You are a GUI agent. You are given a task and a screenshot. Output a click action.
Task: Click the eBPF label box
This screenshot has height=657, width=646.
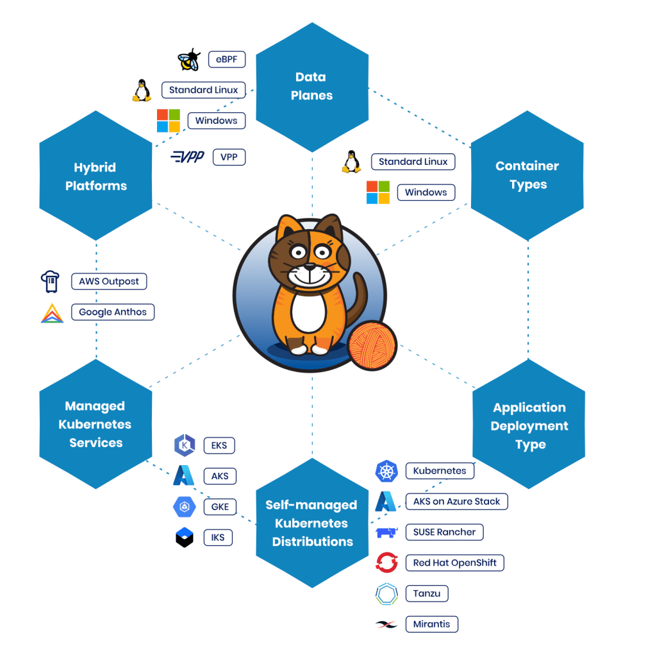tap(226, 60)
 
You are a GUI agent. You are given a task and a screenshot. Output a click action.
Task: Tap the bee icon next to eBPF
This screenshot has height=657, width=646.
tap(189, 60)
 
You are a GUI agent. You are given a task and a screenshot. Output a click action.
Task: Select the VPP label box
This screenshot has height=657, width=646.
tap(229, 157)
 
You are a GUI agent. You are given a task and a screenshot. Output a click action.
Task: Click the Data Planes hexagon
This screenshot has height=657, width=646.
tap(311, 87)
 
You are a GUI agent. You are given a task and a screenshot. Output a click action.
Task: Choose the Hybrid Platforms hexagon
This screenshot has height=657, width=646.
tap(95, 176)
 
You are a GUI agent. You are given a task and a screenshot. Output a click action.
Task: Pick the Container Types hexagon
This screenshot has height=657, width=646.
tap(527, 175)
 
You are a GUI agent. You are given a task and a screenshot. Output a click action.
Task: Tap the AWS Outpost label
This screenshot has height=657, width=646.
tap(109, 281)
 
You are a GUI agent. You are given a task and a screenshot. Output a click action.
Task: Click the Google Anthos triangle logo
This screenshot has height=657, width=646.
tap(52, 312)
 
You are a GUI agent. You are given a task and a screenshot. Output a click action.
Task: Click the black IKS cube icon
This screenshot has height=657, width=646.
tap(185, 537)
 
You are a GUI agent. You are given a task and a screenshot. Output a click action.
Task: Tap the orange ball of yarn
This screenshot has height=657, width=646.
tap(372, 346)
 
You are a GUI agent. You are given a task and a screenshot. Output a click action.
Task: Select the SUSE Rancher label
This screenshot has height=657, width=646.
tap(444, 532)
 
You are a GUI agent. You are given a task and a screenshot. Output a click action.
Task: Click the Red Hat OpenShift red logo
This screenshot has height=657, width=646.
tap(386, 563)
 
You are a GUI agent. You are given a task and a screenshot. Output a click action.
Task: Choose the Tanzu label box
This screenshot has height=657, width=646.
tap(427, 593)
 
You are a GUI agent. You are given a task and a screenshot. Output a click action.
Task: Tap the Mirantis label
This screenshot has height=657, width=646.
tap(431, 624)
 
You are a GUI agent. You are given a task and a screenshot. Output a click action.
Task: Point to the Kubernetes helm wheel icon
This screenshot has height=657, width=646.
tap(386, 471)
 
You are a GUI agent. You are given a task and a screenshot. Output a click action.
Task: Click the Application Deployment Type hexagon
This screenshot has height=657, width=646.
tap(529, 426)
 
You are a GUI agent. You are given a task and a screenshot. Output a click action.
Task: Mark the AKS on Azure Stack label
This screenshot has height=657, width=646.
tap(456, 501)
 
